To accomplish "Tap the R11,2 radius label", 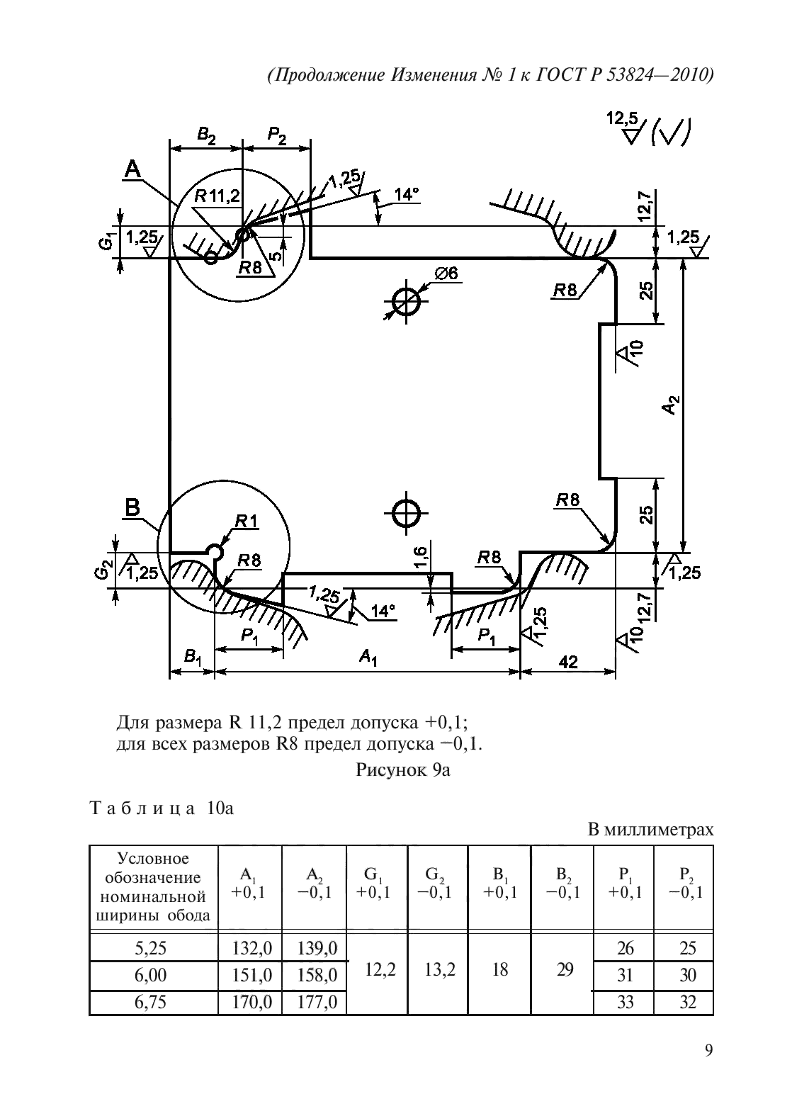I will (x=217, y=196).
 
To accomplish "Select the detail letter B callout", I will (x=132, y=507).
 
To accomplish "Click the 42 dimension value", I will (x=567, y=662).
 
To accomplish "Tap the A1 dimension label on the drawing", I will (x=368, y=658).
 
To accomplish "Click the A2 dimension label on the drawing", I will (x=673, y=405).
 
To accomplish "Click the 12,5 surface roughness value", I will (x=622, y=119).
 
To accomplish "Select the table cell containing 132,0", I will (x=250, y=948).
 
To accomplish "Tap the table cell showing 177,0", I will (x=314, y=1002).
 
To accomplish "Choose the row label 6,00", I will (x=152, y=975).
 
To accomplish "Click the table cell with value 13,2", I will (x=439, y=969).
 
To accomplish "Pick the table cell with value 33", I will (x=623, y=1002).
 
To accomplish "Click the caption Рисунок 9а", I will (x=403, y=770).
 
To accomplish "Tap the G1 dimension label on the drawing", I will (x=104, y=242).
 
